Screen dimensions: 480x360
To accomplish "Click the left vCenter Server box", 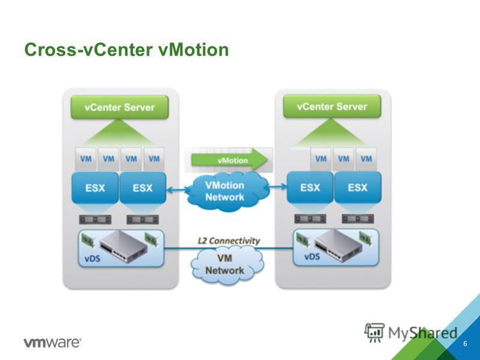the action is (119, 107).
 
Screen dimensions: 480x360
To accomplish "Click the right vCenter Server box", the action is (332, 106).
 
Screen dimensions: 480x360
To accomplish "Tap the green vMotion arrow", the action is (230, 160).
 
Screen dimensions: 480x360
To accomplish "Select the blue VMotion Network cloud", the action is (227, 191).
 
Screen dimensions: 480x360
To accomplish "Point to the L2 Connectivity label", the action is (229, 241).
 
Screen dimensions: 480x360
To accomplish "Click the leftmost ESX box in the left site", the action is (95, 188).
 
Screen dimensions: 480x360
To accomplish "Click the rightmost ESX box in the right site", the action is (358, 187).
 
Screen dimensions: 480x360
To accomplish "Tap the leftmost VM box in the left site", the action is (86, 158).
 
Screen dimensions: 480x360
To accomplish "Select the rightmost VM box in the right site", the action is (366, 158).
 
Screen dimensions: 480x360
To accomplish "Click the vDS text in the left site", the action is (92, 259).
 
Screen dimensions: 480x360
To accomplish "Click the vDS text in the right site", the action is (312, 257).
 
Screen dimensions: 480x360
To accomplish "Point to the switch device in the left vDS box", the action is (123, 246).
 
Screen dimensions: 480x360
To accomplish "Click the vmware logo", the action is (52, 342).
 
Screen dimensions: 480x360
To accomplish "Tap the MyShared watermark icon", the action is (374, 332).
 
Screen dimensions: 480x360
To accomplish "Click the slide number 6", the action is (465, 343).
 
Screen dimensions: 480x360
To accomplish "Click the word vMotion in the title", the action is (193, 50).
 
